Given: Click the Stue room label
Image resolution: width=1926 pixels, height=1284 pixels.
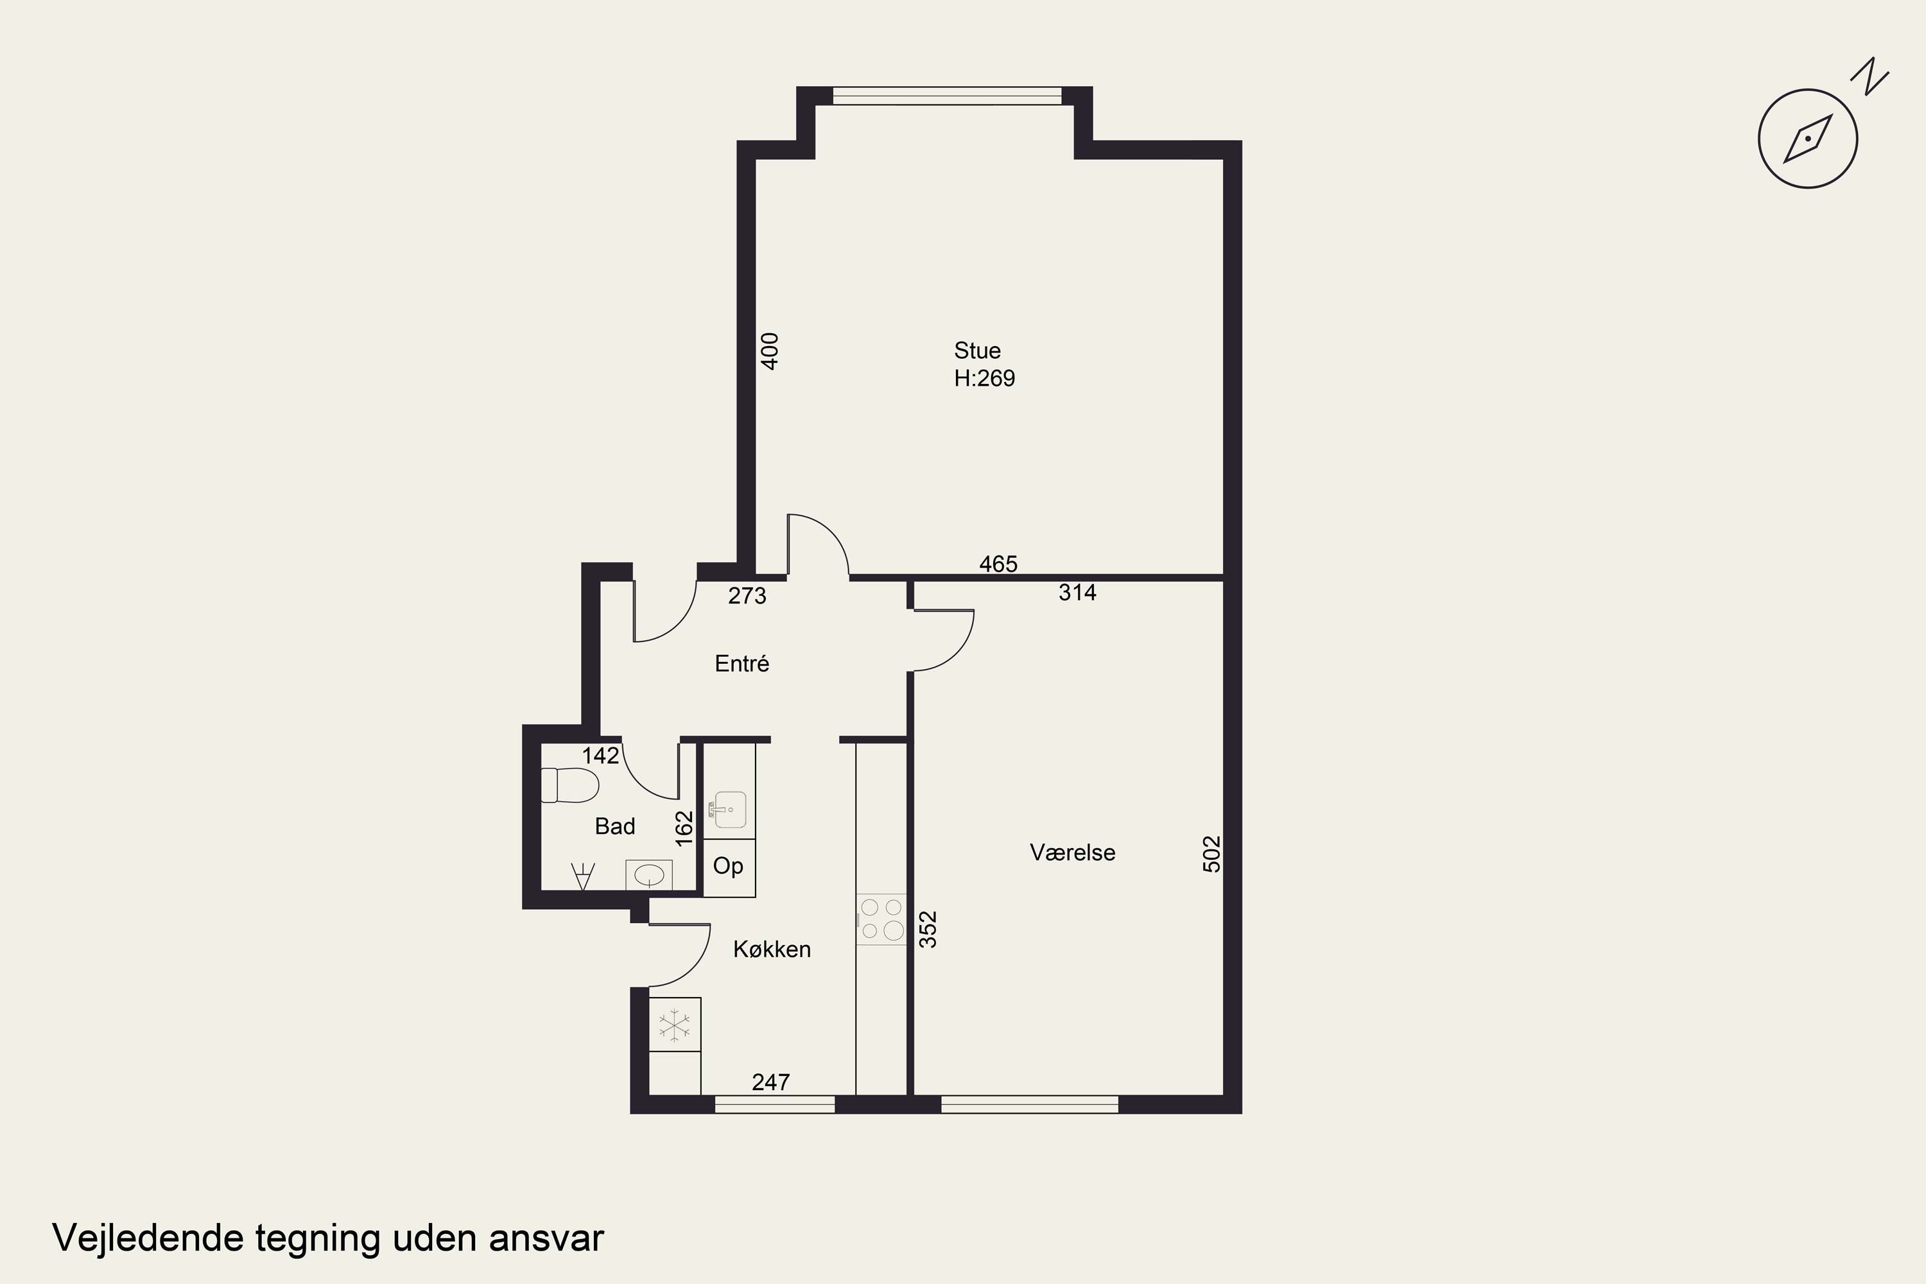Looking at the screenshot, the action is click(x=977, y=351).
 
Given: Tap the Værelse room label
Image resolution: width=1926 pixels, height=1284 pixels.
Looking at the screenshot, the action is click(x=1072, y=853).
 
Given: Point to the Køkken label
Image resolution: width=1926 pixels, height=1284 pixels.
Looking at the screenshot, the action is click(x=772, y=949).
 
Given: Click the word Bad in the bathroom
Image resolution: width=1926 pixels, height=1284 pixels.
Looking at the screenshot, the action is click(x=615, y=826).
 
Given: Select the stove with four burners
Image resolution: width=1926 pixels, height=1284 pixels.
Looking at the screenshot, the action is click(x=881, y=919).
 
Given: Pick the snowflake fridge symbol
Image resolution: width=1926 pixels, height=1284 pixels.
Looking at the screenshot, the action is click(x=675, y=1025).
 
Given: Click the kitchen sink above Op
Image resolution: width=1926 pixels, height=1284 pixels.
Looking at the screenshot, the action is click(x=729, y=809).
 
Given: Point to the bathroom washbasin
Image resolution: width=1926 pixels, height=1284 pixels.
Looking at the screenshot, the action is click(x=648, y=874).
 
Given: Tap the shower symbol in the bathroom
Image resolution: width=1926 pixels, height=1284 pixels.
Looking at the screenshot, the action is click(x=582, y=876).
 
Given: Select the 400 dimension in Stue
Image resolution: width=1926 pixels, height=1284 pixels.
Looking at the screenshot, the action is click(x=770, y=351).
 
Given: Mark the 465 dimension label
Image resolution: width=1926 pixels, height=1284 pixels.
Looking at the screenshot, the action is click(x=998, y=564).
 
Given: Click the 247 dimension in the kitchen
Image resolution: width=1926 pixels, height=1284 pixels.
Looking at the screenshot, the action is click(x=770, y=1082).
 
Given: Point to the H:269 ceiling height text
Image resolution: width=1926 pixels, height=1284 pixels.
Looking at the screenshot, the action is click(x=984, y=378).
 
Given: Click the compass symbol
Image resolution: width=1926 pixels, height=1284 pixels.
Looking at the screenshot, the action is click(x=1807, y=139).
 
